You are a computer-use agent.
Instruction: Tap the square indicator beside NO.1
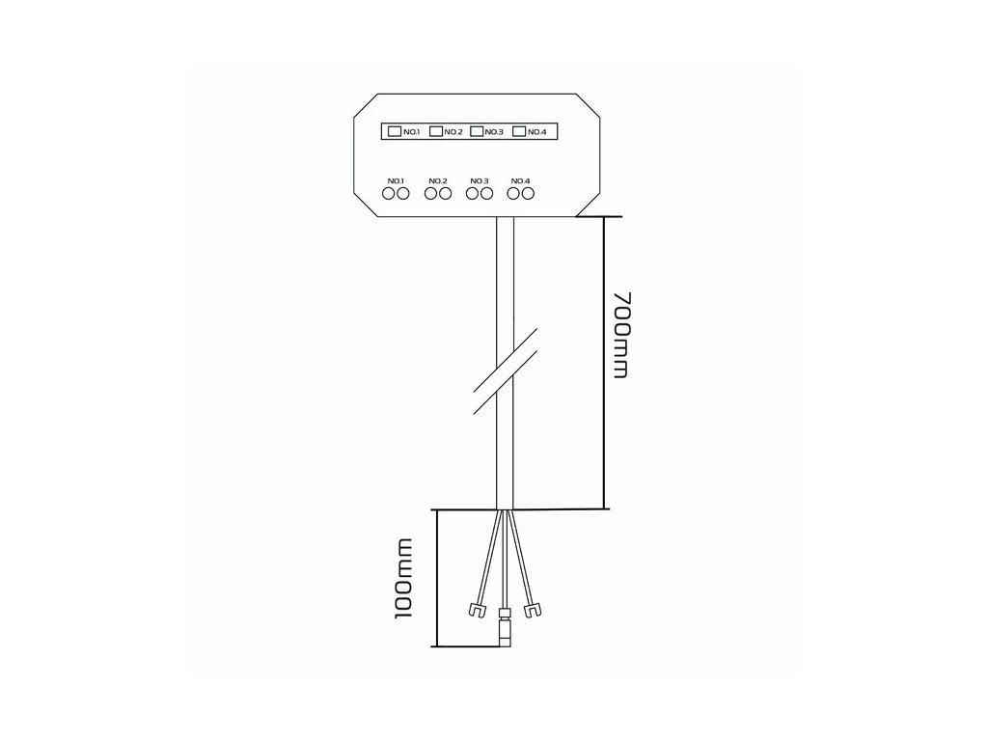click(x=394, y=131)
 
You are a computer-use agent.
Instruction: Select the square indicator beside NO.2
click(x=435, y=131)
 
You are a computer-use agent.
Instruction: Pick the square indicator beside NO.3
click(x=477, y=131)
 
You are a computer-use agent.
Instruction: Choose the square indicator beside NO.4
click(x=519, y=131)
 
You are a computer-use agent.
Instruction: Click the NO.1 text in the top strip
click(x=411, y=132)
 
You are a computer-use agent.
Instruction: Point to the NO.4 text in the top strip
click(x=537, y=132)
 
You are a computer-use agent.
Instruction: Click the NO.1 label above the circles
click(x=396, y=180)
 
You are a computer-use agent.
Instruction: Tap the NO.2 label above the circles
click(x=437, y=180)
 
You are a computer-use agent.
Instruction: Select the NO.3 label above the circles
click(x=479, y=180)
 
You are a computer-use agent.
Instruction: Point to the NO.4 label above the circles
click(x=520, y=180)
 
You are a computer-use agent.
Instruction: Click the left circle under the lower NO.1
click(x=389, y=194)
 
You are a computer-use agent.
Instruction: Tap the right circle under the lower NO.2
click(x=445, y=194)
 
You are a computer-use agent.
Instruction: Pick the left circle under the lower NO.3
click(x=472, y=194)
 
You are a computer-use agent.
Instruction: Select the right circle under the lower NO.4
click(x=528, y=194)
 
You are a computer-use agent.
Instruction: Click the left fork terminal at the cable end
click(x=474, y=610)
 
